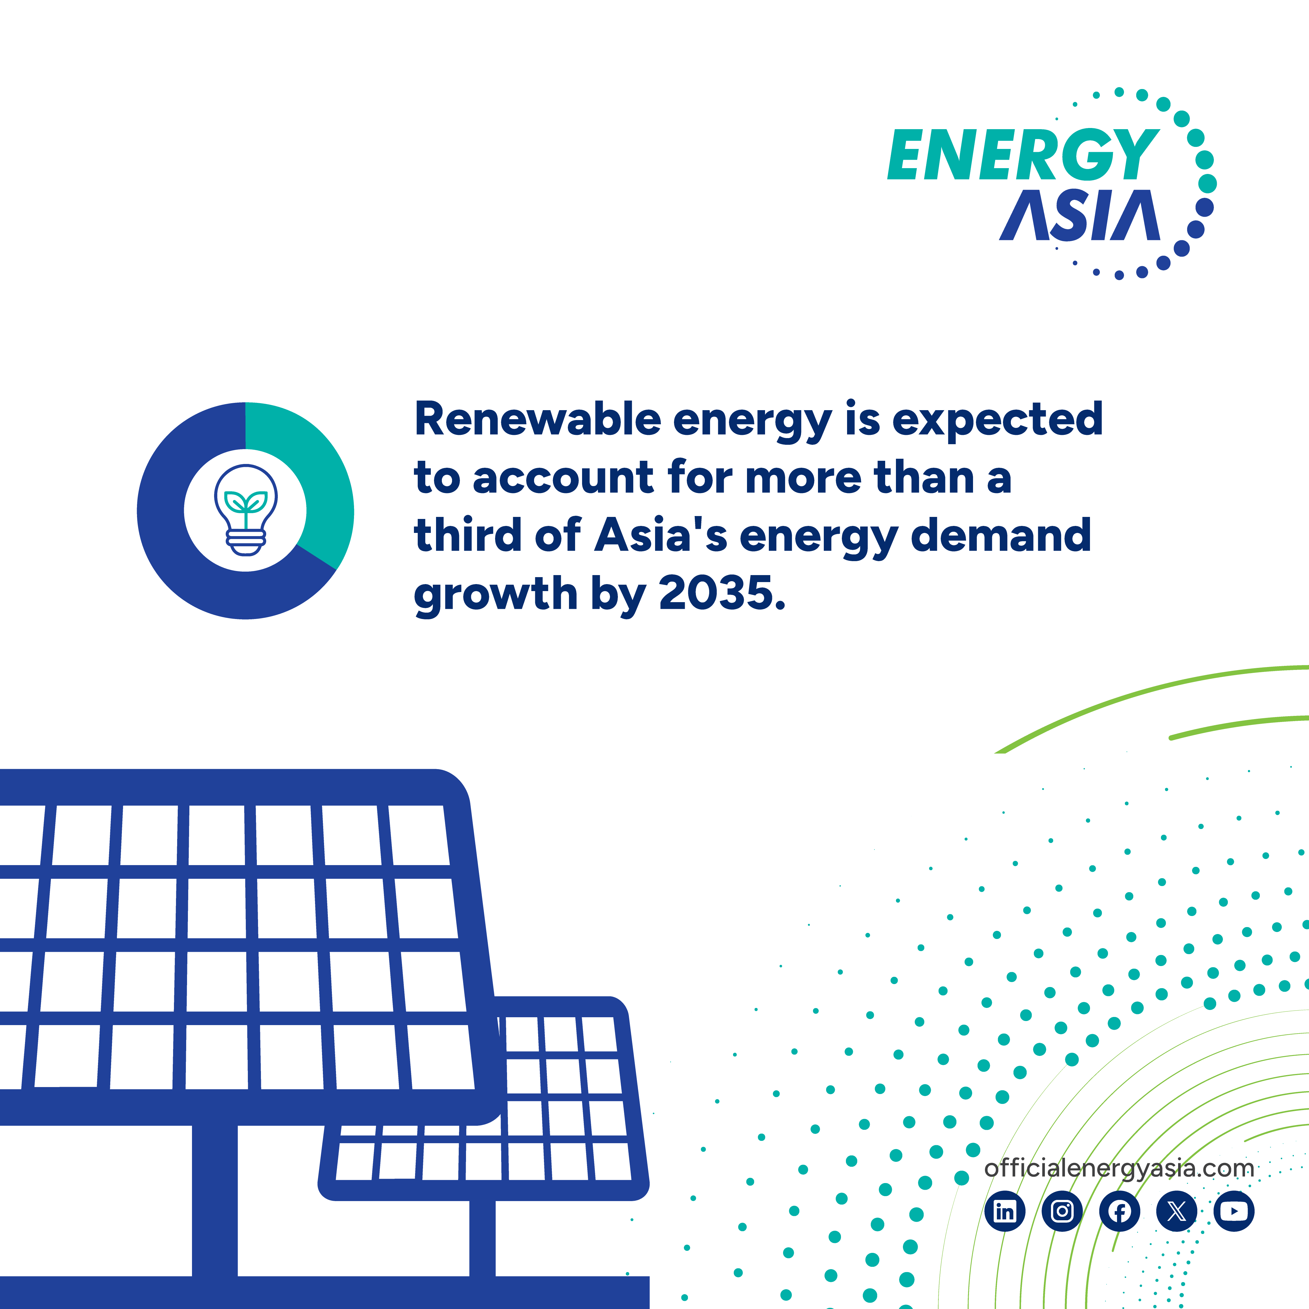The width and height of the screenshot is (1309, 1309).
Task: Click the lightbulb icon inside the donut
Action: point(245,510)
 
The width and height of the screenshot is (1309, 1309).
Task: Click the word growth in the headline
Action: point(495,594)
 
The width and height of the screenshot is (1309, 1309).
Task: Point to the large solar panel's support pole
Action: point(215,1199)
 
